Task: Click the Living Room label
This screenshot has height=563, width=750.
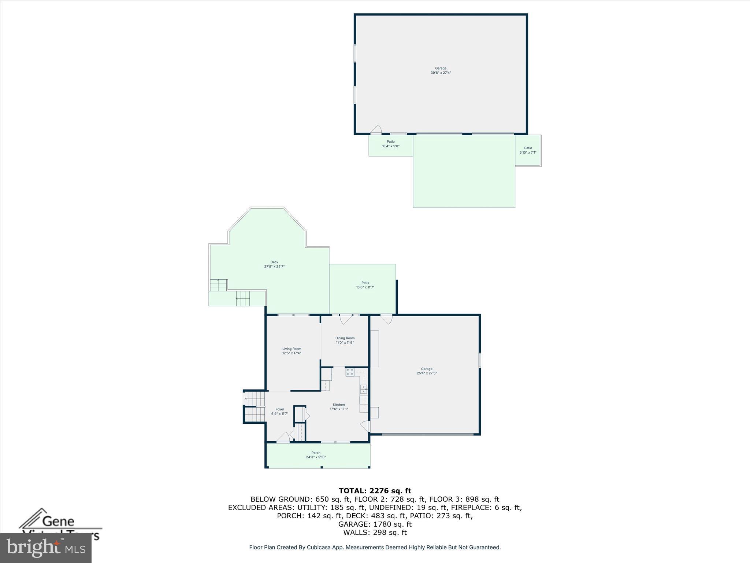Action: point(292,349)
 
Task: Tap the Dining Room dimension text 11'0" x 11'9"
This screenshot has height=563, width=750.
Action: point(345,343)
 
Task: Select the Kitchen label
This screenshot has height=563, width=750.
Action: point(339,405)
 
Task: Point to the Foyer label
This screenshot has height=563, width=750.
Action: point(280,409)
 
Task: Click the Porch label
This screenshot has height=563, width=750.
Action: point(316,453)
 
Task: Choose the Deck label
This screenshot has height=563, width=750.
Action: point(274,262)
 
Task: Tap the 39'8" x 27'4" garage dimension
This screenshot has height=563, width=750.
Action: point(441,73)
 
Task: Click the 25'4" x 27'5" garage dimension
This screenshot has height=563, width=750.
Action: point(427,373)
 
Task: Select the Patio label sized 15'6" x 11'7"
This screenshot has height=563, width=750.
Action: point(365,283)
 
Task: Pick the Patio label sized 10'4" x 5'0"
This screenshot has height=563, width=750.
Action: point(391,141)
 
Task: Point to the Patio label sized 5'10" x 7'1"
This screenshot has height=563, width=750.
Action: point(528,148)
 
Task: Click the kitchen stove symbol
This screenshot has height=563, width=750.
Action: point(350,372)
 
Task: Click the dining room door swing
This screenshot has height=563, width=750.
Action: point(345,320)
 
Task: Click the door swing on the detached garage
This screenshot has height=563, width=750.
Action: point(376,129)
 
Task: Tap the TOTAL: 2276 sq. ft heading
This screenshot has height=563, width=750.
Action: point(375,491)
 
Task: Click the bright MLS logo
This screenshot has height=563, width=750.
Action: point(46,548)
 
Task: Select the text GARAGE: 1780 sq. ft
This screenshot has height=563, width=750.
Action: point(375,524)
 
